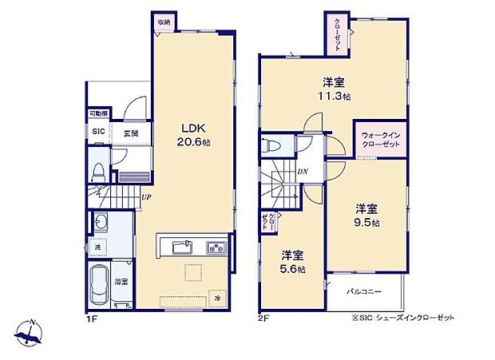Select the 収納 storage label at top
164,22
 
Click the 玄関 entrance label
131,133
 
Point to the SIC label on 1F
98,133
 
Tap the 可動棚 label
98,114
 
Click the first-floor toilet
99,171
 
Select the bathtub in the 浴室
100,284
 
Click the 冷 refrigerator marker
217,296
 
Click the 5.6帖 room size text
292,269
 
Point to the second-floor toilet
272,146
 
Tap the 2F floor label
263,318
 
